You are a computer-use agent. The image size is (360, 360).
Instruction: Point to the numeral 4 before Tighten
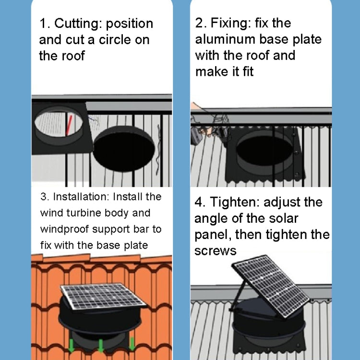199,202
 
